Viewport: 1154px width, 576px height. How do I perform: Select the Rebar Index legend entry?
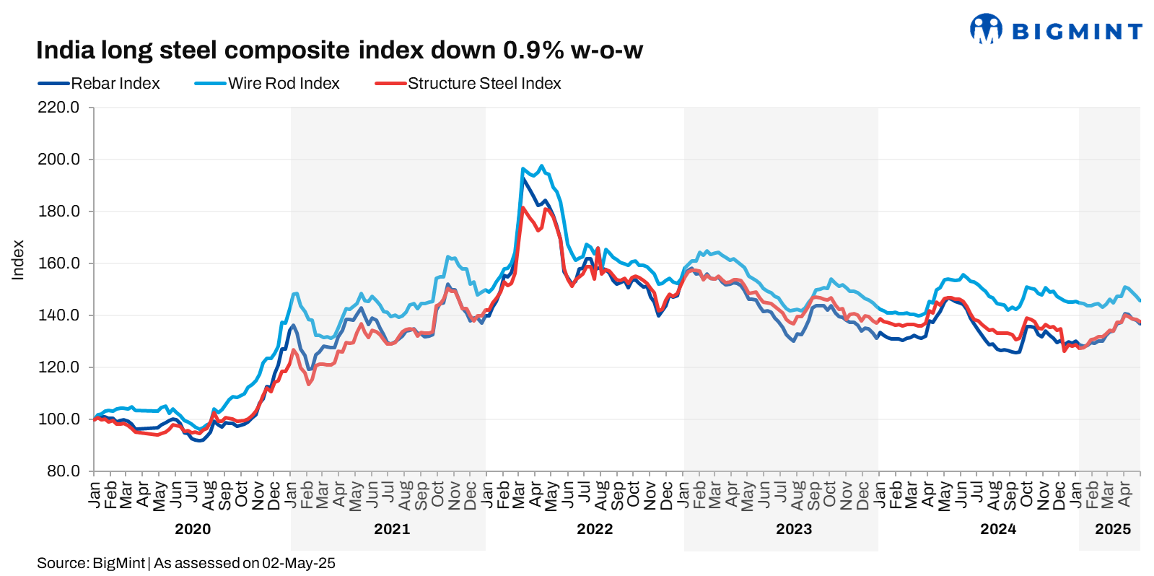[x=100, y=84]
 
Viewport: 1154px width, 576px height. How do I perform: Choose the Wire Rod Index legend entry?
[x=267, y=84]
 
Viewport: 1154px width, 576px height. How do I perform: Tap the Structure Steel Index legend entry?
[x=468, y=84]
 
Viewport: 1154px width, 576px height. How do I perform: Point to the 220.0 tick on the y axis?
[x=58, y=108]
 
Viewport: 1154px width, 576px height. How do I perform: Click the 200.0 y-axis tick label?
[x=58, y=160]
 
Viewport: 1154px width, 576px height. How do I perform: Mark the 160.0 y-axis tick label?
[x=58, y=263]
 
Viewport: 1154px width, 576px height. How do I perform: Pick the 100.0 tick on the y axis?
[x=58, y=419]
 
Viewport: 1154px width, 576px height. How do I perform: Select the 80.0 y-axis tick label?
[x=63, y=471]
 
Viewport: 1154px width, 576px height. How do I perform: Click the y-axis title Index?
[x=18, y=260]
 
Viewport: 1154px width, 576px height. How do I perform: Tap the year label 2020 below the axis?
[x=193, y=529]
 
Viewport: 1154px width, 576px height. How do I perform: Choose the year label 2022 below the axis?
[x=595, y=529]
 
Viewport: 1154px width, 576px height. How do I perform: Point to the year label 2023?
[x=794, y=529]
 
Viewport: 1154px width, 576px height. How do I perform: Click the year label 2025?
[x=1113, y=529]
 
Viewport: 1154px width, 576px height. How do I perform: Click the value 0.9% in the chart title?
[x=533, y=51]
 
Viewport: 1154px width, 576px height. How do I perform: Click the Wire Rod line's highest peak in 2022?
[x=542, y=165]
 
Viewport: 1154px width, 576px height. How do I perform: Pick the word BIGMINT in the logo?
[x=1077, y=31]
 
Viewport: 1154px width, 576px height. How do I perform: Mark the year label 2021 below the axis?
[x=392, y=529]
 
